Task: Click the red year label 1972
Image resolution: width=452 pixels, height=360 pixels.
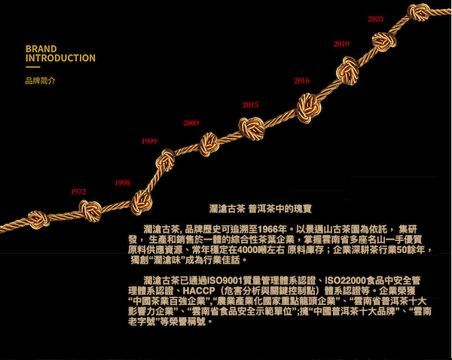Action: pyautogui.click(x=78, y=192)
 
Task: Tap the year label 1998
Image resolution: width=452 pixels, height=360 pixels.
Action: pyautogui.click(x=122, y=183)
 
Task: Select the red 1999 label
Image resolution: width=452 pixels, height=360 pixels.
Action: pyautogui.click(x=149, y=141)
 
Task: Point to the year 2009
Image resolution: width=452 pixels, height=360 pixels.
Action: pyautogui.click(x=191, y=123)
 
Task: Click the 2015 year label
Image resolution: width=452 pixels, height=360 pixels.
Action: pyautogui.click(x=250, y=105)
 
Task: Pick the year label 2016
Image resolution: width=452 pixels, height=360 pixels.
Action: pyautogui.click(x=301, y=81)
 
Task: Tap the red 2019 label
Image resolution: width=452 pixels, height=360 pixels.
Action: pyautogui.click(x=341, y=44)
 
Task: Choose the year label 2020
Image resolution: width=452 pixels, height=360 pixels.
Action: pyautogui.click(x=374, y=19)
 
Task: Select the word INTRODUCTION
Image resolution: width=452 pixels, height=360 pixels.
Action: pyautogui.click(x=60, y=58)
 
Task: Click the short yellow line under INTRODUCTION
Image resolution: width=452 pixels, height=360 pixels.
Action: pyautogui.click(x=32, y=68)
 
